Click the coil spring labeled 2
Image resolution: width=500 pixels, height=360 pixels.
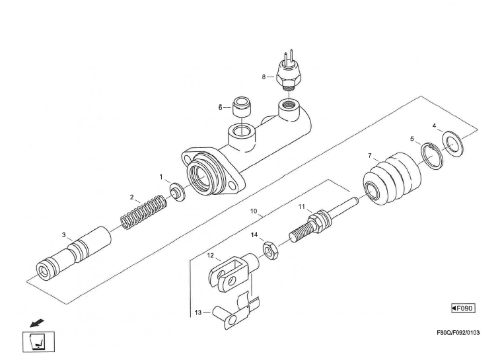[x=144, y=212]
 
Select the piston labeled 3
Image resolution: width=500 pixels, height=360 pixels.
[x=74, y=254]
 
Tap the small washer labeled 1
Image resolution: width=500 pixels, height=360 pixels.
[x=177, y=192]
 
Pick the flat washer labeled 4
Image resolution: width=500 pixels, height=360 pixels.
[x=453, y=143]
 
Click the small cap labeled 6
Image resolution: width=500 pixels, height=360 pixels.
[x=242, y=107]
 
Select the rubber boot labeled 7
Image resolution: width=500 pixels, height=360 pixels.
[x=392, y=178]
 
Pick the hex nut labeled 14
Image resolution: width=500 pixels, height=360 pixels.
[x=271, y=250]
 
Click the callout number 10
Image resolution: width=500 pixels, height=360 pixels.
[x=254, y=211]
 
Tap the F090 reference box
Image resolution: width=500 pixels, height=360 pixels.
[x=463, y=308]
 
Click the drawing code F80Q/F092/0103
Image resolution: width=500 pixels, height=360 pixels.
[x=458, y=333]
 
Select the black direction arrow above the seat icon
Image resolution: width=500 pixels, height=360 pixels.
[x=37, y=323]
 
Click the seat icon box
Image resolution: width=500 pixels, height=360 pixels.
[x=38, y=342]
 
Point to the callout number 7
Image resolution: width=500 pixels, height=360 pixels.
[x=370, y=156]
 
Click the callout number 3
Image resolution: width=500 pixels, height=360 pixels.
[x=64, y=235]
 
